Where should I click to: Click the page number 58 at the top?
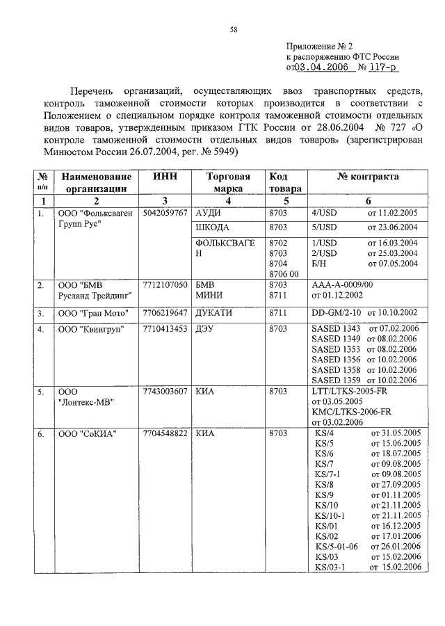(234, 29)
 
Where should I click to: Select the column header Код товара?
(285, 182)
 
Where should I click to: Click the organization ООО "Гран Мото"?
(90, 312)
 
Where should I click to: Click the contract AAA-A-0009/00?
(343, 284)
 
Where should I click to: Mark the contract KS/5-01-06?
(336, 546)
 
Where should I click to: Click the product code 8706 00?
(284, 274)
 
